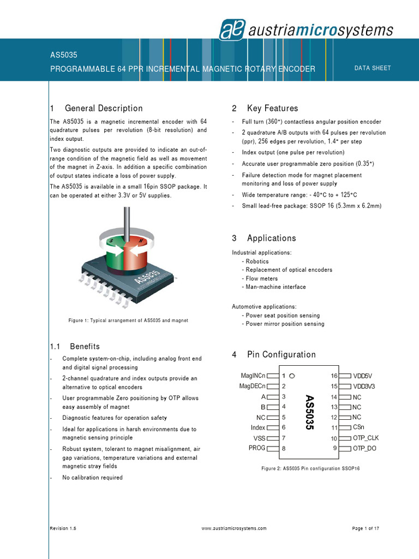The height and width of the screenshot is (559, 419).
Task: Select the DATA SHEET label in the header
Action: coord(373,68)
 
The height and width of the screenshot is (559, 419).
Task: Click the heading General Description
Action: coord(104,108)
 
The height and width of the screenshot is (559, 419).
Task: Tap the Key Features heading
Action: coord(272,108)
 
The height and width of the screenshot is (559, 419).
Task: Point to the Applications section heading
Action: coord(271,238)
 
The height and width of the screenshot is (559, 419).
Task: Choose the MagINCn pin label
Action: coord(253,376)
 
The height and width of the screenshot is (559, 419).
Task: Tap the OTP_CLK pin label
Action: coord(366,438)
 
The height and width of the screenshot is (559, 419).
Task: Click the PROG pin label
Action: coord(256,448)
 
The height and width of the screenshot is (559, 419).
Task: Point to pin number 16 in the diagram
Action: coord(334,376)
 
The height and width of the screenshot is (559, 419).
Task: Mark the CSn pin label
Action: coord(358,427)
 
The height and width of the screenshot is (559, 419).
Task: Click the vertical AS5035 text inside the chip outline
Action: coord(309,412)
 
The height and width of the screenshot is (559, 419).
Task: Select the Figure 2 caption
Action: coord(311,468)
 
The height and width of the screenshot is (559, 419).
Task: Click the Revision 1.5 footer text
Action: coord(63,528)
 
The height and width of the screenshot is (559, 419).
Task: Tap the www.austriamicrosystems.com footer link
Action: coord(234,528)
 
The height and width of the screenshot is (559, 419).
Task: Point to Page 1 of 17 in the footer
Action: coord(366,528)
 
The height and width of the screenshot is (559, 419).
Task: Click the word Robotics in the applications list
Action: coord(258,261)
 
